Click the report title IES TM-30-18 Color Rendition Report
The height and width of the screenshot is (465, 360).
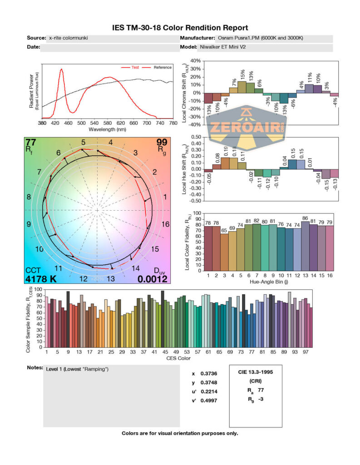(180, 28)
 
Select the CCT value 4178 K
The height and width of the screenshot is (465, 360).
(41, 279)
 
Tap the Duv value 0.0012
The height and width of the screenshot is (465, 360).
(153, 279)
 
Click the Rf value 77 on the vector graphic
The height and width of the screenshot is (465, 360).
(31, 142)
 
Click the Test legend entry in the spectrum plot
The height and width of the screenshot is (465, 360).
(135, 68)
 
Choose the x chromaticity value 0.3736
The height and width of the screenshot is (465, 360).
(207, 374)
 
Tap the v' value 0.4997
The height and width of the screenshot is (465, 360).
(207, 400)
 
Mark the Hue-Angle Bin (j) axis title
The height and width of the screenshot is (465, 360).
(271, 282)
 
